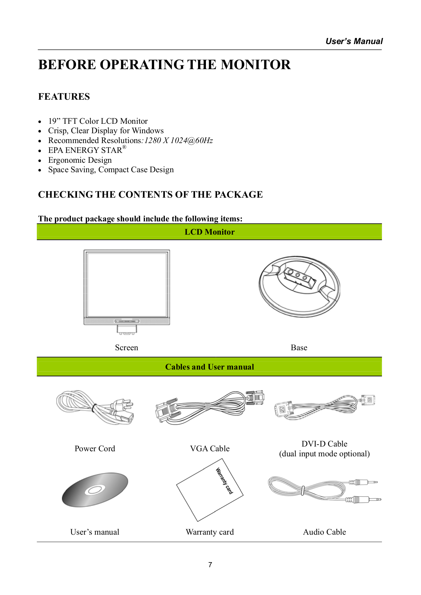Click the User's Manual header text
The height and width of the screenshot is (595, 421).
[x=354, y=41]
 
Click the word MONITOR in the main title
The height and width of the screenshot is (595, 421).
[x=255, y=65]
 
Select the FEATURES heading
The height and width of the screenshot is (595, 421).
[x=64, y=97]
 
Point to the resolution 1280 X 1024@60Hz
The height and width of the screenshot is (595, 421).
[x=178, y=140]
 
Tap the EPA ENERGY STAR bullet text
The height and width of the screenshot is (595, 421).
[x=85, y=150]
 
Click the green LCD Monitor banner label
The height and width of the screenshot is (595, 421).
[x=209, y=232]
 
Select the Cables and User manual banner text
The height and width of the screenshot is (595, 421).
[x=209, y=367]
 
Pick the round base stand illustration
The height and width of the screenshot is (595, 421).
[x=299, y=286]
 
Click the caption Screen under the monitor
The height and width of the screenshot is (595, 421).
[x=127, y=348]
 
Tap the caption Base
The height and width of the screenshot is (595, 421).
[x=299, y=348]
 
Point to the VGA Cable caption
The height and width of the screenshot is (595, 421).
[x=210, y=449]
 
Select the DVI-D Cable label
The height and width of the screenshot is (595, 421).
[x=324, y=444]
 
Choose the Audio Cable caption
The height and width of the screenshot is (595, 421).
[x=324, y=532]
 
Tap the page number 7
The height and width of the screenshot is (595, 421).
[x=210, y=565]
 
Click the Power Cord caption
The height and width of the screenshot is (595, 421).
[x=95, y=449]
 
